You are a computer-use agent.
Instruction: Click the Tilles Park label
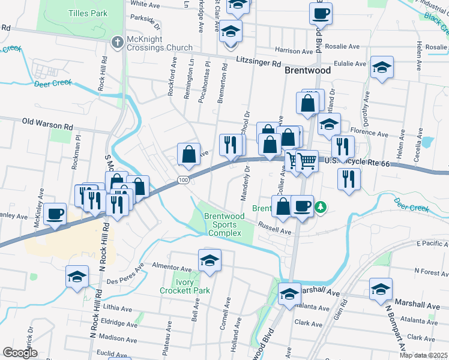coord(88,13)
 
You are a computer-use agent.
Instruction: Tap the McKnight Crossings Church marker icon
coord(118,41)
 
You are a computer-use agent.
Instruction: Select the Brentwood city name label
coord(307,70)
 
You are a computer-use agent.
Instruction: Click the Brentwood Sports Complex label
coord(224,224)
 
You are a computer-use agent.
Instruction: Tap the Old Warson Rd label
coord(47,121)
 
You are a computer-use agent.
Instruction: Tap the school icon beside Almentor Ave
coord(209,261)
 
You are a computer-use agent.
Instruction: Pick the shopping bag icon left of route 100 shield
coord(189,154)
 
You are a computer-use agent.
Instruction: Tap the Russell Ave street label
coord(274,229)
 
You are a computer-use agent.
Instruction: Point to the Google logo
coord(20,353)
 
